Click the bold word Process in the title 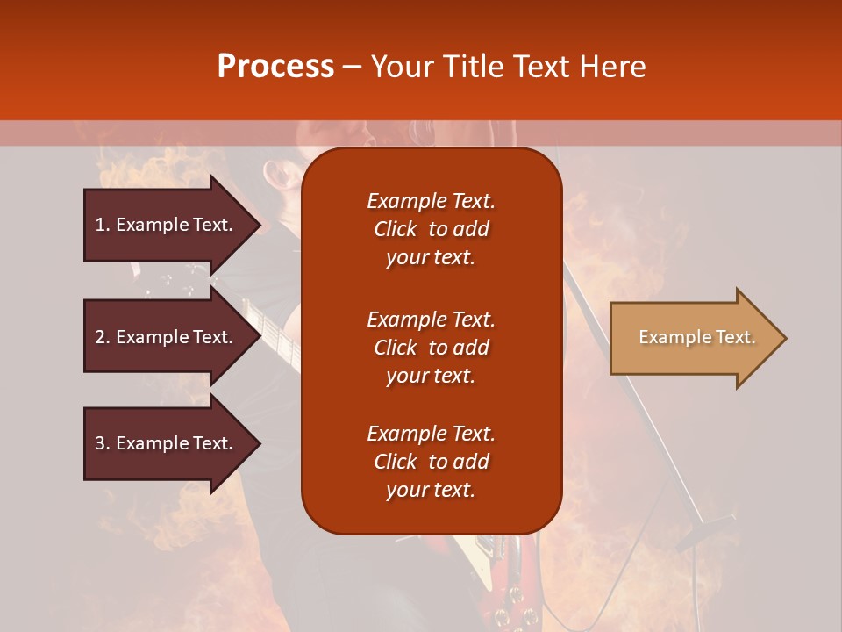275,67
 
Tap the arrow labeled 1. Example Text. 167,225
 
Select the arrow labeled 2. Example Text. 167,337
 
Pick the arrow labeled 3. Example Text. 167,443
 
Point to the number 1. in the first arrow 103,225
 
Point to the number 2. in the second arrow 103,337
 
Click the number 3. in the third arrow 103,443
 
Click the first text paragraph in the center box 431,229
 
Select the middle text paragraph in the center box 431,348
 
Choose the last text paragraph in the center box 431,462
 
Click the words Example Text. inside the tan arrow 696,338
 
